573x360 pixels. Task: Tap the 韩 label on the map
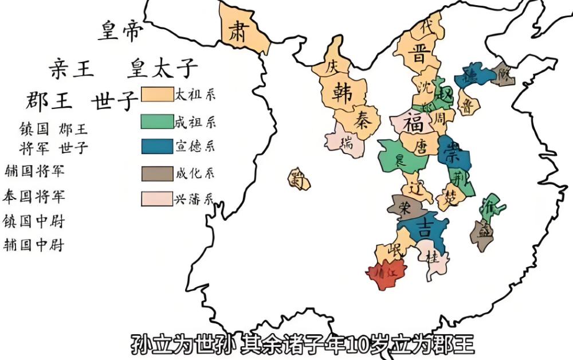[341, 91]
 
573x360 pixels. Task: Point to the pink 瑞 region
[346, 142]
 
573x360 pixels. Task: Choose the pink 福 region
[412, 123]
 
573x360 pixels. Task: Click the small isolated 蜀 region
[298, 179]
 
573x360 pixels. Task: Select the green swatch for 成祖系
[157, 121]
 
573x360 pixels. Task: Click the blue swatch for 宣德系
[157, 146]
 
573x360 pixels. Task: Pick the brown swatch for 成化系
[157, 173]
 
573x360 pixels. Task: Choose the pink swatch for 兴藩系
[157, 198]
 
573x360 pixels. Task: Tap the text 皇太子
[162, 68]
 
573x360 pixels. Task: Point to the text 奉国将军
[34, 197]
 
